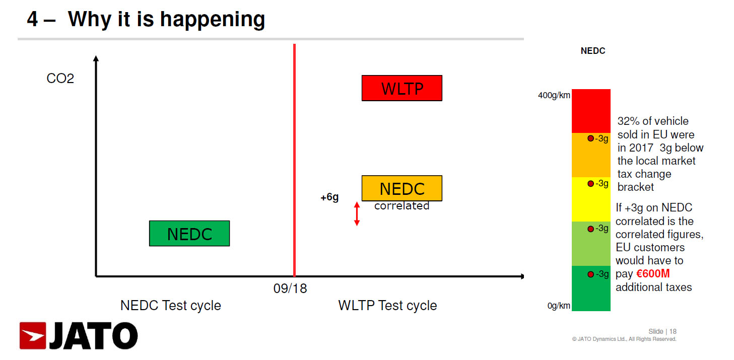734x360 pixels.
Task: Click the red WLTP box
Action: point(402,88)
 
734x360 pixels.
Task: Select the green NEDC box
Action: point(189,234)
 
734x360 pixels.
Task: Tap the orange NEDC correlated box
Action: point(402,188)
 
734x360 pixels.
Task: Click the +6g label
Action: point(329,197)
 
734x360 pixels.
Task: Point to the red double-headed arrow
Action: point(357,213)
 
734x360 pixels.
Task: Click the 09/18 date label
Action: point(290,289)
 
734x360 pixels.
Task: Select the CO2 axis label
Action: point(60,79)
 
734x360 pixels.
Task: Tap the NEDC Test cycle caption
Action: point(170,306)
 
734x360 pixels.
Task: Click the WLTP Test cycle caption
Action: point(387,306)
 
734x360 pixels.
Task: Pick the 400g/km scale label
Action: point(554,95)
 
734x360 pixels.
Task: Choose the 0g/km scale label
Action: point(559,306)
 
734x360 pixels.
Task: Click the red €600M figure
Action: point(653,274)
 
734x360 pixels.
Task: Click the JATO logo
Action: point(79,336)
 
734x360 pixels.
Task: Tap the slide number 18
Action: point(673,331)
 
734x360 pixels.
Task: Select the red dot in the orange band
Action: point(591,138)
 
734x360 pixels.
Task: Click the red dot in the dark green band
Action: point(591,274)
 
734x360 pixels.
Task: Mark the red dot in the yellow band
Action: point(591,184)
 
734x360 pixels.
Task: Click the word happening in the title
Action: point(212,20)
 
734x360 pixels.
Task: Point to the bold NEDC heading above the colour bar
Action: point(593,51)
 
